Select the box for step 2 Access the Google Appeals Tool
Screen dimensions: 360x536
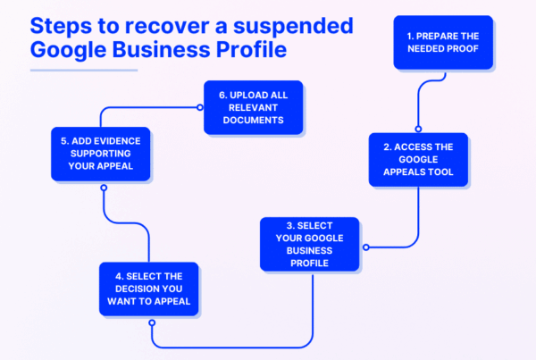point(418,160)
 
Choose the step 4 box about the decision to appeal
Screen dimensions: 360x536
point(149,288)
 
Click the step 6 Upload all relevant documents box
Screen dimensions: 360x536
point(255,108)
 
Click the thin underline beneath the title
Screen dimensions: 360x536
point(84,69)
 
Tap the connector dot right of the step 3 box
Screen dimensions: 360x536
point(366,246)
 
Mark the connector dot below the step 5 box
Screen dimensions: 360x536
point(104,188)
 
